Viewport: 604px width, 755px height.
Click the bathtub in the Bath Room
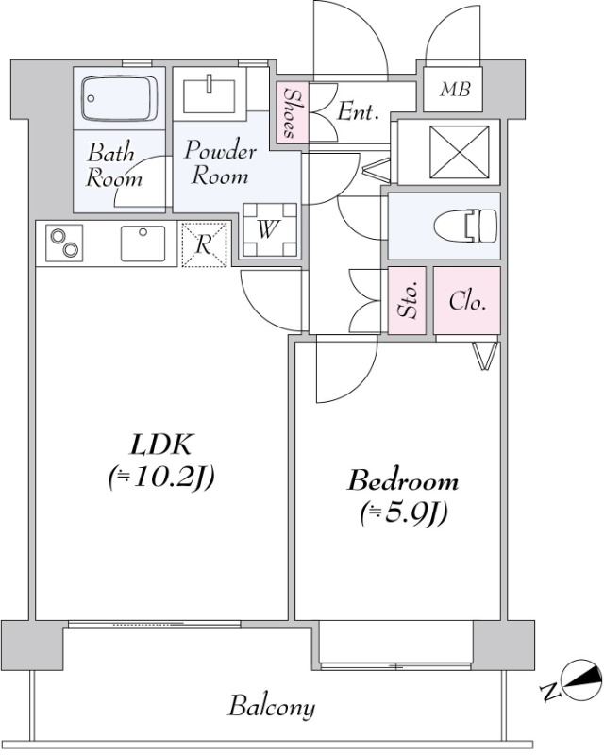point(120,98)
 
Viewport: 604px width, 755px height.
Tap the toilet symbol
point(465,226)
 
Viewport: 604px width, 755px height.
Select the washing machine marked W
point(270,229)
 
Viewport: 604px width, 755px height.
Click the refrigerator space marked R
point(205,244)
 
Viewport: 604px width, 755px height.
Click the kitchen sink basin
point(143,243)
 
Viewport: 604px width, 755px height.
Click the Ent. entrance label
point(357,112)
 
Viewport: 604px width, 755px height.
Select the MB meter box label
point(455,89)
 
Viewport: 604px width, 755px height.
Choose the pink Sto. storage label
point(408,300)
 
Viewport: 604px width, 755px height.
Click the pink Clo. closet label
point(467,301)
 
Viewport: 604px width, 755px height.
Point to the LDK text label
point(160,445)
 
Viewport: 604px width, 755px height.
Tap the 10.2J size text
point(161,478)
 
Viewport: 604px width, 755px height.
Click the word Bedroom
point(403,481)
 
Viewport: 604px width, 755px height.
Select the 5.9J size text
point(404,513)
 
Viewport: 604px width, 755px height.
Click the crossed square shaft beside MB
point(459,152)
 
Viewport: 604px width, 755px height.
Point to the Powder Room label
point(220,162)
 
